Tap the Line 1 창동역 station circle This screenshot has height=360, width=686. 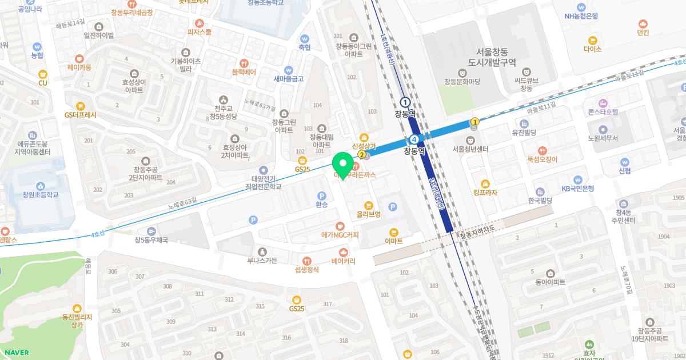pos(405,102)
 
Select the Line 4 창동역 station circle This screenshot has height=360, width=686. pos(414,139)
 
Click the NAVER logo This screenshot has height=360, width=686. pos(15,353)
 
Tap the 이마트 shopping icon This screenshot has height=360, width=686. pos(393,232)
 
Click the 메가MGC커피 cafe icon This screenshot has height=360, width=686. pos(340,226)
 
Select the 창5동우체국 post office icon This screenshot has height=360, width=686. pos(151,231)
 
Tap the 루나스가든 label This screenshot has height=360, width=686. pos(262,261)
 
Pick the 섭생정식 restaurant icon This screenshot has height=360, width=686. pos(307,261)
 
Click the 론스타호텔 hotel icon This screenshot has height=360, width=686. pos(603,102)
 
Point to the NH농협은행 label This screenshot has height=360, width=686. pos(581,16)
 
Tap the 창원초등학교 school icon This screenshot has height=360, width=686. pos(41,186)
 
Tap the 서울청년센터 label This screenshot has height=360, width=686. pos(470,149)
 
